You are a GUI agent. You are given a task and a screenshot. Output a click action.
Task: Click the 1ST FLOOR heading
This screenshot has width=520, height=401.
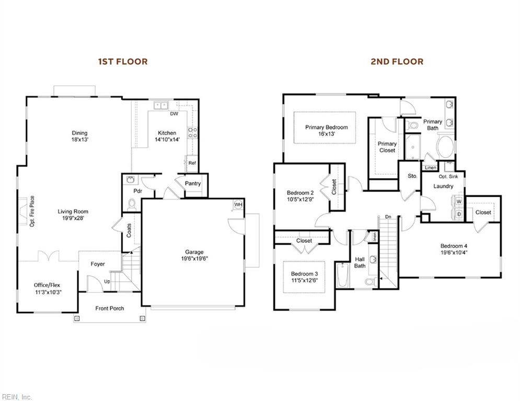[x=123, y=62]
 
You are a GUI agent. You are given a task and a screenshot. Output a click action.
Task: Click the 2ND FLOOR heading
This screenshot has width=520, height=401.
[x=397, y=62]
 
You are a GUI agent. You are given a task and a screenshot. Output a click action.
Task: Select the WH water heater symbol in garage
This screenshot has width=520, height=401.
[x=238, y=205]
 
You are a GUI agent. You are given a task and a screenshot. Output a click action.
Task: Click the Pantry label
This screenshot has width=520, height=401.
[x=193, y=183]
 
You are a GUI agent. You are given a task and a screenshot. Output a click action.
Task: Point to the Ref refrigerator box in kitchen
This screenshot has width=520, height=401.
[x=192, y=163]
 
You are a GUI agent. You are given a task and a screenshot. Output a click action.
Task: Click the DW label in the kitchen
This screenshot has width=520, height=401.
[x=174, y=114]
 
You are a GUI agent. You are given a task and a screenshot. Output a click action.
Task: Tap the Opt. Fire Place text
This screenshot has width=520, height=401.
[x=32, y=211]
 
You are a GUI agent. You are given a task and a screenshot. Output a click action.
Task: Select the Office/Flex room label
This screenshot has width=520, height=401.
[x=47, y=285]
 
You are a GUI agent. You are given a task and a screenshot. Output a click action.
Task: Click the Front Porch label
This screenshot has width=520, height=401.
[x=110, y=308]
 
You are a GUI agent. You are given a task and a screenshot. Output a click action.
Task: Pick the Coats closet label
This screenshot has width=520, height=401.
[x=129, y=231]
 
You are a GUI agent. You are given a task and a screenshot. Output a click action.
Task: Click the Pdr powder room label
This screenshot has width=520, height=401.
[x=138, y=192]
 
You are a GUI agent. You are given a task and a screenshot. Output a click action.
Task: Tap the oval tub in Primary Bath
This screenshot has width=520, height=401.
[x=446, y=148]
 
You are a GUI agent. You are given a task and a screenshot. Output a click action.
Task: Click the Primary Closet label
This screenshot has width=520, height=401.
[x=387, y=147]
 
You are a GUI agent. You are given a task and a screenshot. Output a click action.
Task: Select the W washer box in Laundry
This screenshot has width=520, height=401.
[x=459, y=202]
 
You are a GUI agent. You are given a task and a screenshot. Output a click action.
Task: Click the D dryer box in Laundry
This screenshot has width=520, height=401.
[x=459, y=214]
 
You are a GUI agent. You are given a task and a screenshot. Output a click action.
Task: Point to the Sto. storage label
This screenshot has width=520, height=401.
[x=412, y=176]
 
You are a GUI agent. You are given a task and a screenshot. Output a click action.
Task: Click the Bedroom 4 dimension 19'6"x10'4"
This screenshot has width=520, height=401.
[x=454, y=252]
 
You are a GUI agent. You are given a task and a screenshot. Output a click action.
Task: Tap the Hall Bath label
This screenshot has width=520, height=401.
[x=360, y=262]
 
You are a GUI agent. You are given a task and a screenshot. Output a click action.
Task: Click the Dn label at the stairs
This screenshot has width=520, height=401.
[x=388, y=217]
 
